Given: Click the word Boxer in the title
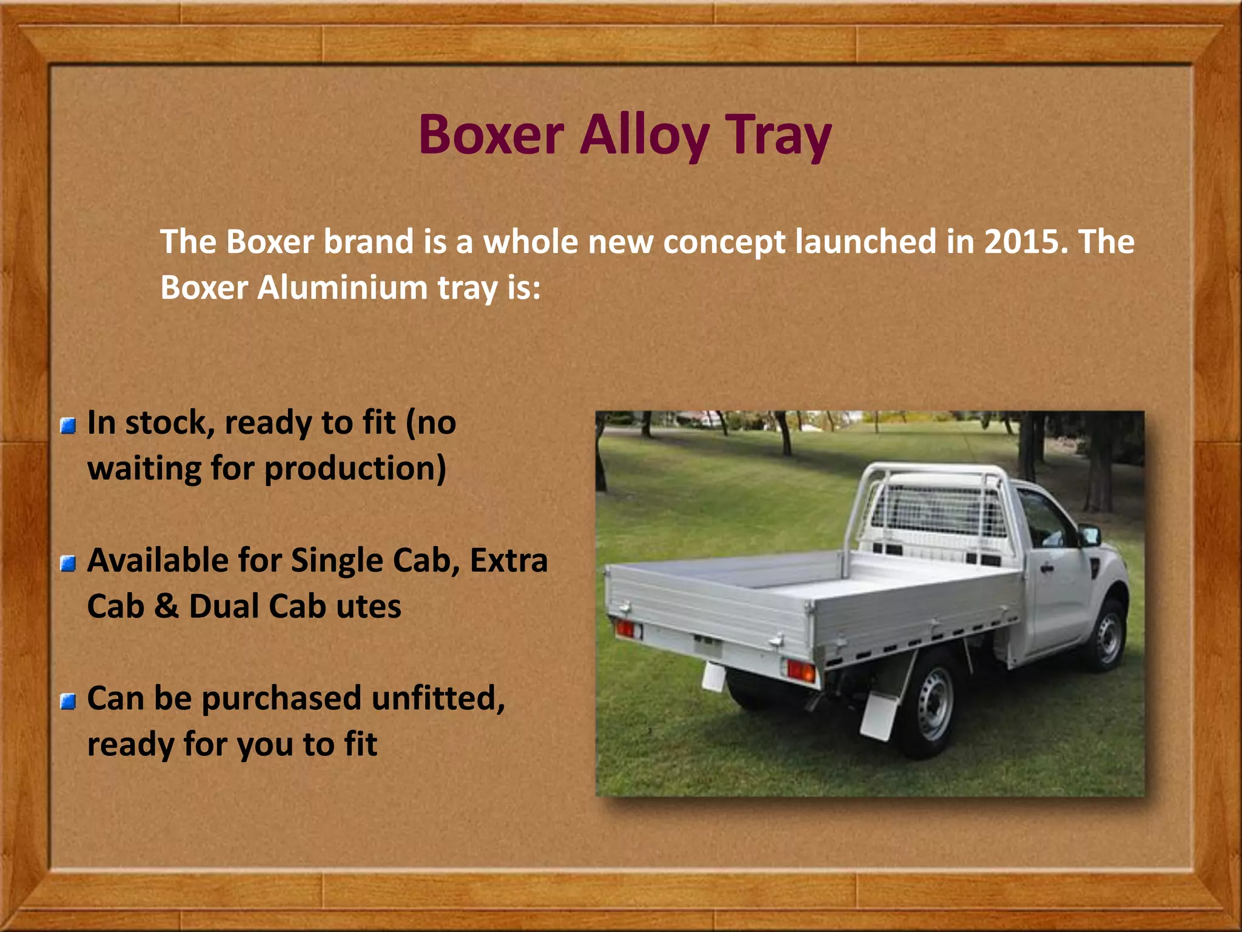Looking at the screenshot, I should point(491,135).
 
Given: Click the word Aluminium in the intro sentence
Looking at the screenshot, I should point(343,288).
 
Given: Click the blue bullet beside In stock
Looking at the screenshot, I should point(69,426).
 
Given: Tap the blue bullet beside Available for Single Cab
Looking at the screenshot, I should point(69,564).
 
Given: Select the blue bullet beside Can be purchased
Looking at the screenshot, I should point(69,701).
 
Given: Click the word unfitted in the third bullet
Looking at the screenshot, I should point(437,698).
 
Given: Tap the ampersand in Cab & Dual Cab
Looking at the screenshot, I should point(167,606).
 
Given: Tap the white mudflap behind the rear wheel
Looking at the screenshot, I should point(879,716).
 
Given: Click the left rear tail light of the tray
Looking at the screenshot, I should point(625,628).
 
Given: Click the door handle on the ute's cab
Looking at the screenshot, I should point(1046,569).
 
